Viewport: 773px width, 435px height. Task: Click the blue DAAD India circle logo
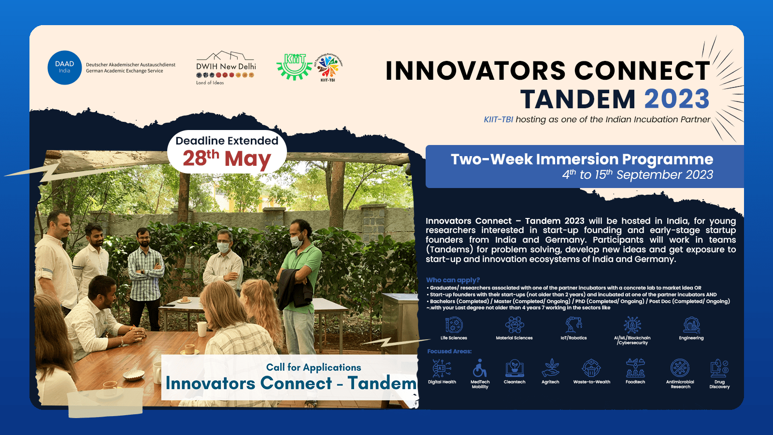(65, 68)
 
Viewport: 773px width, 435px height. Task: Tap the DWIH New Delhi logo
(226, 68)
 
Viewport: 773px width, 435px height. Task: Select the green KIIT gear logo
(294, 67)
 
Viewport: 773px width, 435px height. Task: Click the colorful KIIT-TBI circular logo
(328, 67)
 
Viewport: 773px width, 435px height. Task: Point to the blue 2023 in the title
(677, 99)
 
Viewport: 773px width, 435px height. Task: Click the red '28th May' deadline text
(227, 159)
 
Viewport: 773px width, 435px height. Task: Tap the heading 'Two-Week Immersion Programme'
(582, 159)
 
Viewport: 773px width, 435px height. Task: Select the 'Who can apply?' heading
(453, 280)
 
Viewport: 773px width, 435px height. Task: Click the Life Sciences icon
(454, 325)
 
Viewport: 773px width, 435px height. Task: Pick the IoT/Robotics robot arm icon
(573, 325)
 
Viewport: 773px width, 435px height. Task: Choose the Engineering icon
(691, 325)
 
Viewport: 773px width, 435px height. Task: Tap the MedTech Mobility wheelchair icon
(480, 368)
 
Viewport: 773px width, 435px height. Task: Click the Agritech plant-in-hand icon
(550, 368)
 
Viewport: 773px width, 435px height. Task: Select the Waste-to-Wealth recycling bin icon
(591, 368)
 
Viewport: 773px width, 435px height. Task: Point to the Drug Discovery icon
(719, 368)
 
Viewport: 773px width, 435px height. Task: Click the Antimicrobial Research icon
(680, 368)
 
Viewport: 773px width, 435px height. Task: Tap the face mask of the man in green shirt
(296, 241)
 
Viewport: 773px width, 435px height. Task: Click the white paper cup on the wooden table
(201, 329)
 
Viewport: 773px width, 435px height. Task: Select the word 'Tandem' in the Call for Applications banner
(382, 383)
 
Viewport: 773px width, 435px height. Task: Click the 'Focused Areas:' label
(449, 351)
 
